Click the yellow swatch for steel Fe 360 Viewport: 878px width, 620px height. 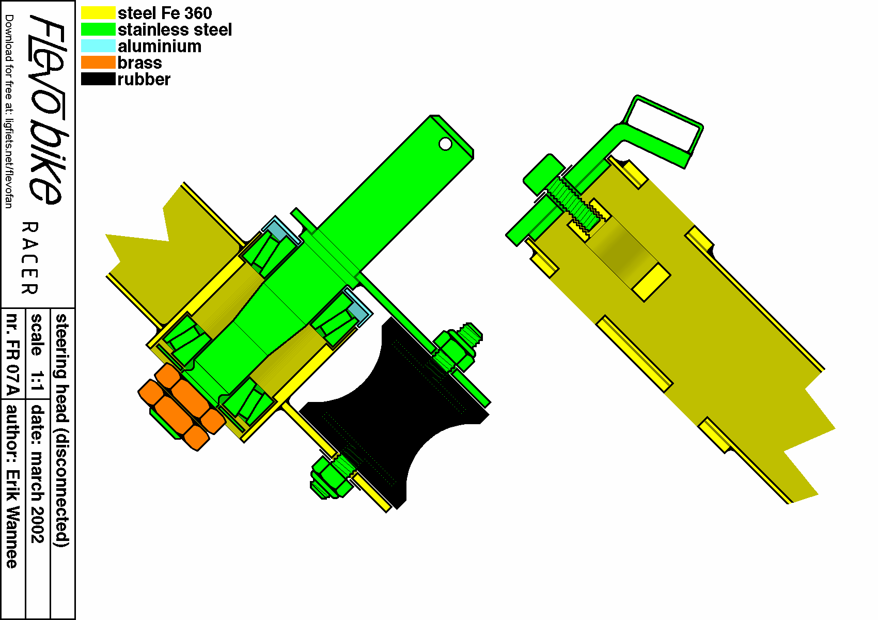[98, 13]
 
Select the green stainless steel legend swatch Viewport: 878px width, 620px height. [98, 29]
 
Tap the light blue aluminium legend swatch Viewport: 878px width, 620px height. [98, 46]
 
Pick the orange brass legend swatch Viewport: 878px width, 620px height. [98, 63]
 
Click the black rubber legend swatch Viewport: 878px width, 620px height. [98, 79]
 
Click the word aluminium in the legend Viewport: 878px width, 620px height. [160, 47]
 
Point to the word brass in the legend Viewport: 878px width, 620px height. [139, 63]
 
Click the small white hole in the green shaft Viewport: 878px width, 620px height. [445, 144]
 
